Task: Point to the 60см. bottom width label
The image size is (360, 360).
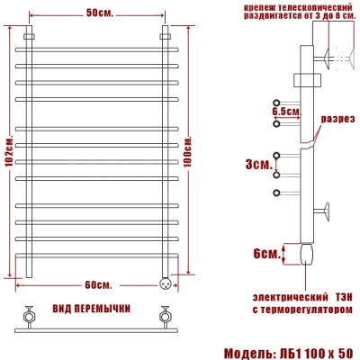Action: (x=99, y=285)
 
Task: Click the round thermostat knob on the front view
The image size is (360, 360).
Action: (x=165, y=281)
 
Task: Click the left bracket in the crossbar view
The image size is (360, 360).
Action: (x=29, y=316)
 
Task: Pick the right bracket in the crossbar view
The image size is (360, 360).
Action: (x=165, y=316)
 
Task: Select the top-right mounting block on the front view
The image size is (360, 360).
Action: (x=166, y=37)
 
